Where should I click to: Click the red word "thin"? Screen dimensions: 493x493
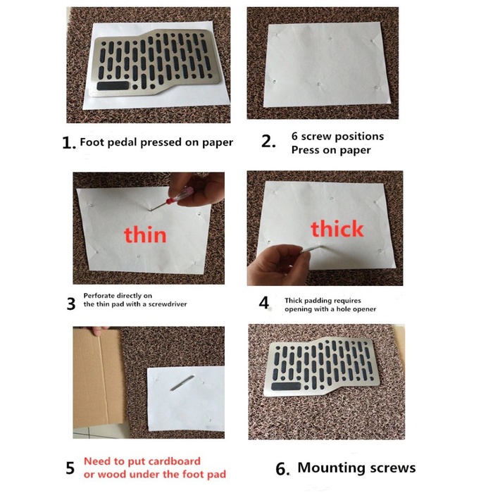click(145, 235)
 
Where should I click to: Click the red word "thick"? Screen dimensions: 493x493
click(337, 228)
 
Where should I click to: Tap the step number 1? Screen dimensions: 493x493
click(68, 143)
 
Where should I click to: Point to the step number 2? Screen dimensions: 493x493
click(268, 141)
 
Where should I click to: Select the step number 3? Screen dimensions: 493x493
click(71, 304)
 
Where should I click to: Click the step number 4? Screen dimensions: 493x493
click(264, 303)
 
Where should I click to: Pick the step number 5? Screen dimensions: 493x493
click(70, 468)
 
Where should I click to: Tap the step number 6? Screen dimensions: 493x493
click(282, 469)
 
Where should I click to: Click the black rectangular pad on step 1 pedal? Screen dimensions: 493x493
click(113, 86)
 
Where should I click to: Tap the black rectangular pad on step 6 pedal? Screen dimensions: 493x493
click(286, 387)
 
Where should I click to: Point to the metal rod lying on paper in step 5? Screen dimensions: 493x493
click(182, 383)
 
